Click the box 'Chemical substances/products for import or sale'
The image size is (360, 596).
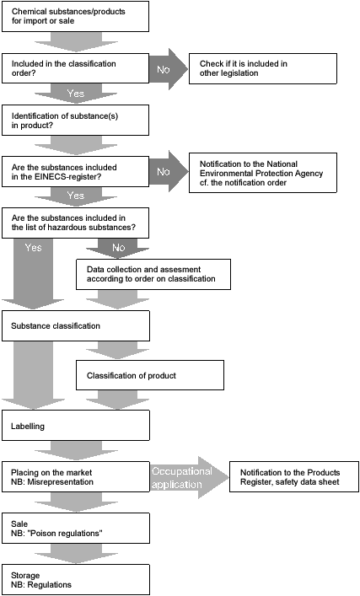pos(75,16)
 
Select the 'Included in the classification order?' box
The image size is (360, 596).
pos(75,68)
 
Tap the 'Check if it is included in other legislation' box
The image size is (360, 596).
pos(263,68)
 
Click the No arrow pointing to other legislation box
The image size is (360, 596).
pos(169,69)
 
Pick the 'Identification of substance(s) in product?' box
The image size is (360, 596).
pos(75,120)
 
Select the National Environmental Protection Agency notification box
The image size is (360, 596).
pos(263,173)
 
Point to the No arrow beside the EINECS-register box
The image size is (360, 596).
pos(169,171)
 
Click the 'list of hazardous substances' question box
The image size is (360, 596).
pos(75,223)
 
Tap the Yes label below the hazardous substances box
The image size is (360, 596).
pos(33,248)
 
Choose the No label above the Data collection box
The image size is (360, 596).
pos(118,248)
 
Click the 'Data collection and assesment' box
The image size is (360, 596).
pos(153,275)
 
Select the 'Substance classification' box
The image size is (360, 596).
pos(76,325)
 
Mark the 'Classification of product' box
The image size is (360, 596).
pos(150,375)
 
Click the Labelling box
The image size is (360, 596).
pos(76,426)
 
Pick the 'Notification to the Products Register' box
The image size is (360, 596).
pos(294,476)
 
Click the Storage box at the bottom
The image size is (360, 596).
pos(76,580)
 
